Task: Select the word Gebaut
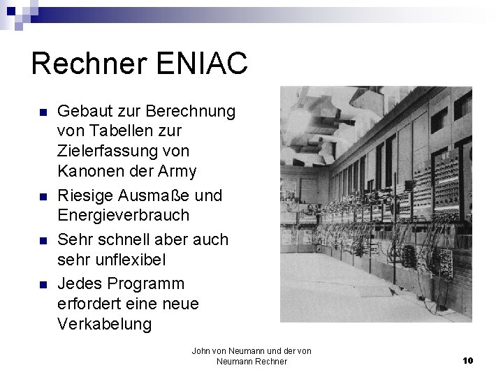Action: tap(82, 112)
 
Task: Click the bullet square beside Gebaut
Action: tap(43, 112)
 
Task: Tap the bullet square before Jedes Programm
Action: tap(43, 285)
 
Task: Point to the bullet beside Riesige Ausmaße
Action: tap(43, 196)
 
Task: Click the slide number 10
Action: tap(468, 360)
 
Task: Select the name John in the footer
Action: tap(201, 350)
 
